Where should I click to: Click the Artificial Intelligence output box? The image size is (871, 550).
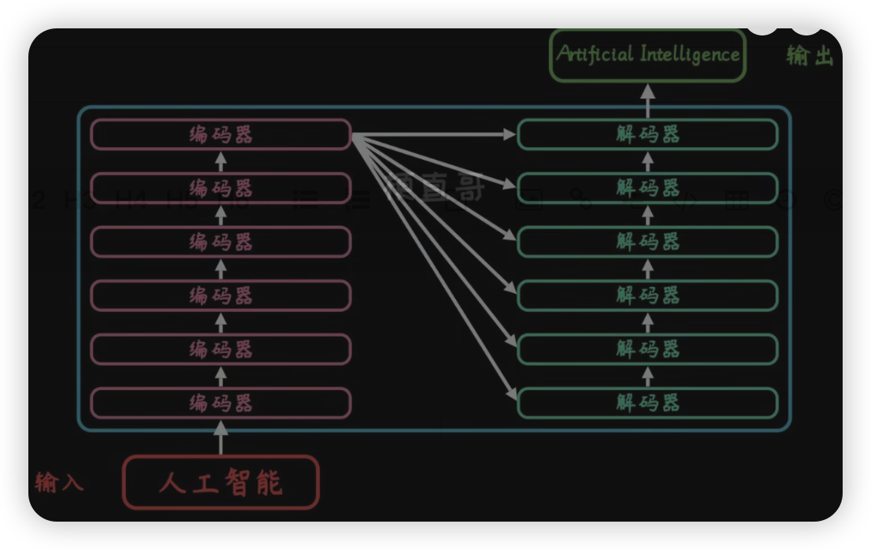click(647, 54)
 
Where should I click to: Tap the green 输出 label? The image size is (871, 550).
click(810, 55)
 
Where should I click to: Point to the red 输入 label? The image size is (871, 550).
click(59, 481)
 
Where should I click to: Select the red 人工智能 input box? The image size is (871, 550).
click(221, 482)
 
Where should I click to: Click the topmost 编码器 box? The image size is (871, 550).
click(221, 134)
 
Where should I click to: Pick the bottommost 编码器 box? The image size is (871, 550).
click(221, 403)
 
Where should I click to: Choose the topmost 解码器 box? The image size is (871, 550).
click(647, 134)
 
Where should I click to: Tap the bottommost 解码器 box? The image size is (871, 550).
click(647, 403)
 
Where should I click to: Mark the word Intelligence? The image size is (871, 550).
click(690, 54)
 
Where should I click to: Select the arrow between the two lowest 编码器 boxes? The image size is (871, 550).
click(221, 376)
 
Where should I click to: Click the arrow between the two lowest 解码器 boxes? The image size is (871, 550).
click(647, 376)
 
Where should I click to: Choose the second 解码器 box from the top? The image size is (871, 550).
click(647, 188)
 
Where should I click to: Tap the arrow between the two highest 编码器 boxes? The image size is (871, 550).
click(221, 162)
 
